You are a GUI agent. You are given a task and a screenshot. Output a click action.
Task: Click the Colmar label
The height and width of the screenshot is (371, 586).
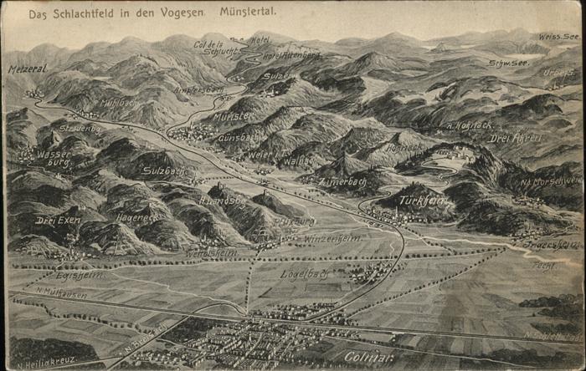tap(368, 357)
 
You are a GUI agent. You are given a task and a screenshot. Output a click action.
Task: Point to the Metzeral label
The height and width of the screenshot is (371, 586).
tap(28, 69)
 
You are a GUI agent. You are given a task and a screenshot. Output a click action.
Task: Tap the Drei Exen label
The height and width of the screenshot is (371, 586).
tap(58, 221)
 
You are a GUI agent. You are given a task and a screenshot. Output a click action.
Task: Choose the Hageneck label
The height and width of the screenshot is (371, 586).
tap(136, 216)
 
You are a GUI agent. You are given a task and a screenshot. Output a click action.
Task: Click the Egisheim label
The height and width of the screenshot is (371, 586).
tap(80, 274)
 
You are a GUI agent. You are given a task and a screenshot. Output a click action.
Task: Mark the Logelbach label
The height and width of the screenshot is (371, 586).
tap(302, 273)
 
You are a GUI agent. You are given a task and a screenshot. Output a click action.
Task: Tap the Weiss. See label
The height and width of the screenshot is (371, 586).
tap(558, 38)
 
